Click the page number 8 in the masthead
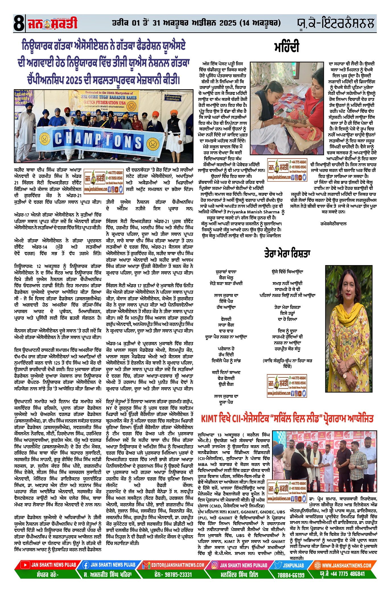tap(19, 24)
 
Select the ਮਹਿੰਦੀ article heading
tap(287, 47)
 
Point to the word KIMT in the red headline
tap(209, 419)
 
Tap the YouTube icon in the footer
tap(25, 565)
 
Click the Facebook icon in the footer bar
tap(85, 565)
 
